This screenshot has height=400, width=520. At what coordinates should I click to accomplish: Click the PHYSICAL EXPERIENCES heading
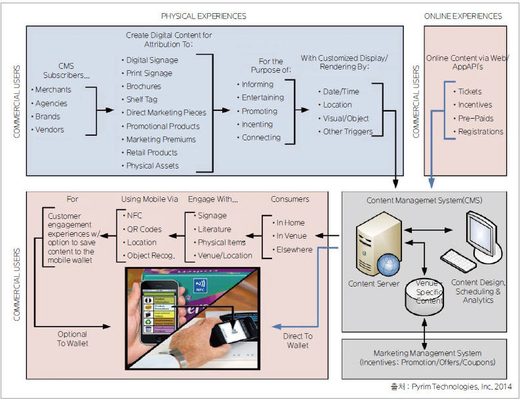point(204,15)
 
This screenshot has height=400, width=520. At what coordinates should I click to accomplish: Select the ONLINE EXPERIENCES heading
point(463,16)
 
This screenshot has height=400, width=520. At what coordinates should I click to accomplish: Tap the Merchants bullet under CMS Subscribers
point(53,90)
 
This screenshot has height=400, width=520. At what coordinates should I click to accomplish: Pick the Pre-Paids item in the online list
point(476,118)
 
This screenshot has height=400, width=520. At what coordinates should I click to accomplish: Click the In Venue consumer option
point(291,235)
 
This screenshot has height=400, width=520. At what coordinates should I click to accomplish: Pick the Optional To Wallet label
point(71,338)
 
